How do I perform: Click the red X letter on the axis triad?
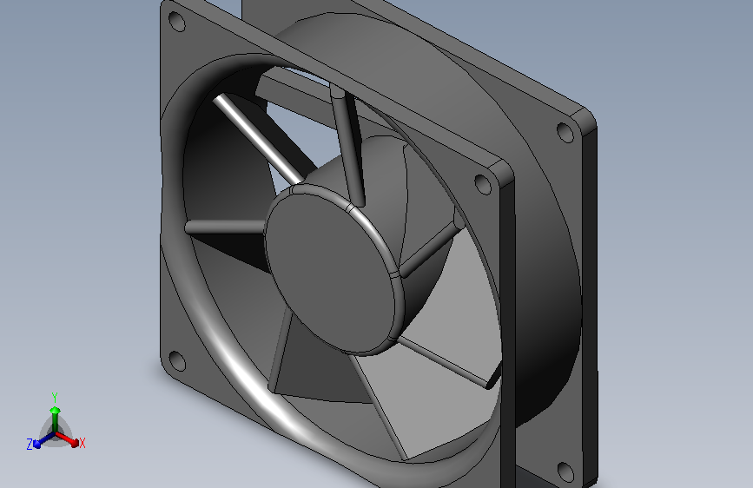[x=83, y=444]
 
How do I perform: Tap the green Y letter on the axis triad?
[x=54, y=395]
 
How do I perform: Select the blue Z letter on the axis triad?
[x=30, y=444]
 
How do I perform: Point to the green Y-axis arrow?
[x=55, y=412]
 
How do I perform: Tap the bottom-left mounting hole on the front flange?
[x=176, y=359]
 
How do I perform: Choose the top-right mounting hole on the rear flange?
[x=565, y=133]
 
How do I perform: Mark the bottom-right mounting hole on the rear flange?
[x=565, y=472]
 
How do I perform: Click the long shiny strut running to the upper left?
[x=256, y=139]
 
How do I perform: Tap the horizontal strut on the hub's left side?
[x=224, y=227]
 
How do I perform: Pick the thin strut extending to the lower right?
[x=447, y=363]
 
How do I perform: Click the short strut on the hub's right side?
[x=430, y=247]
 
